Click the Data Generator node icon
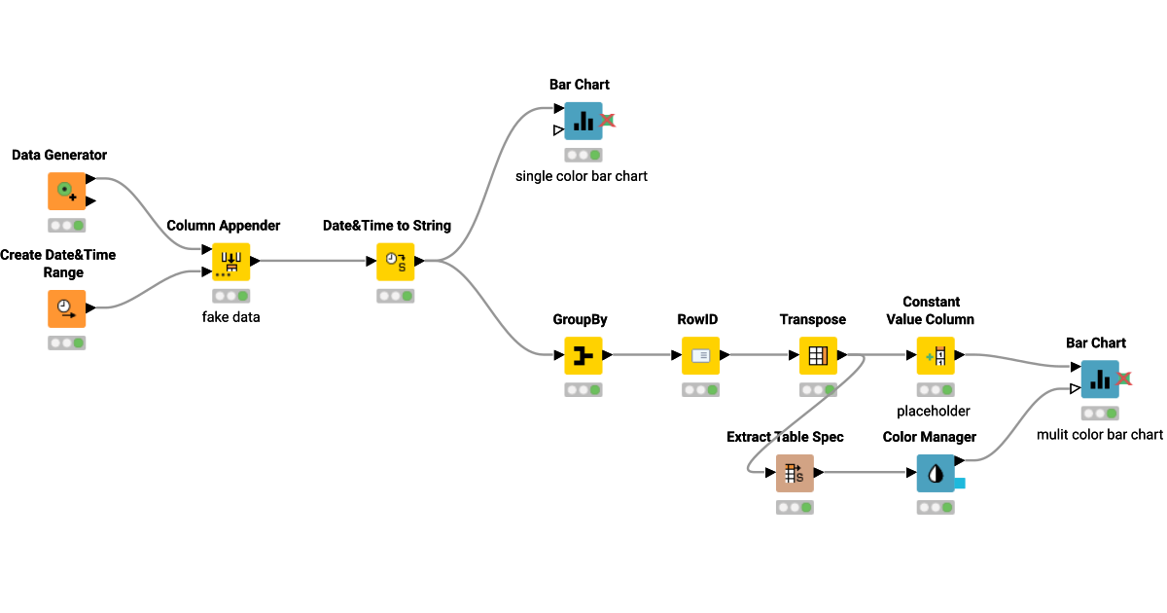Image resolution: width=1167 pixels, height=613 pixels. click(66, 192)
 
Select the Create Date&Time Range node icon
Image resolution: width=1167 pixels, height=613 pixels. click(66, 308)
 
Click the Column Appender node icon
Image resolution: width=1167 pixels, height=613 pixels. click(231, 262)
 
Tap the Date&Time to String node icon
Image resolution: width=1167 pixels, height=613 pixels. click(396, 262)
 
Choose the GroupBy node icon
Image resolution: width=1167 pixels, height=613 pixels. click(583, 356)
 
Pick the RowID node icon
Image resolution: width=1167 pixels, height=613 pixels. click(700, 356)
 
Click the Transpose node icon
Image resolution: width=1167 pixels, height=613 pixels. click(818, 356)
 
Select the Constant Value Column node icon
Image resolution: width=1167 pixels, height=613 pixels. click(936, 356)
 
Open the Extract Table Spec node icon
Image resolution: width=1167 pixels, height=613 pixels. click(795, 473)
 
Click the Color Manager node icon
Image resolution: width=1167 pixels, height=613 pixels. click(936, 473)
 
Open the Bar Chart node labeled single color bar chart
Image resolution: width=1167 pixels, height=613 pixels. click(583, 122)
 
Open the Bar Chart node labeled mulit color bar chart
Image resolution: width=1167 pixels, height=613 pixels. click(1100, 379)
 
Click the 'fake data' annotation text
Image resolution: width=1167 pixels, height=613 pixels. click(231, 316)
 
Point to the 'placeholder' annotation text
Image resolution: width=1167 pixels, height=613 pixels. click(934, 411)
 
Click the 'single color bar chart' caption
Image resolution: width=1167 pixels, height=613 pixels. click(582, 176)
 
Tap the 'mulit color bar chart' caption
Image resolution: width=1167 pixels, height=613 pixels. click(1100, 434)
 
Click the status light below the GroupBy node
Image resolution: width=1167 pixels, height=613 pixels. click(583, 390)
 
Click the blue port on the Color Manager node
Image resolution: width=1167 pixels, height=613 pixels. click(959, 483)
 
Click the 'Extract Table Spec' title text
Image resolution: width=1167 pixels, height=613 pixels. click(785, 437)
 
